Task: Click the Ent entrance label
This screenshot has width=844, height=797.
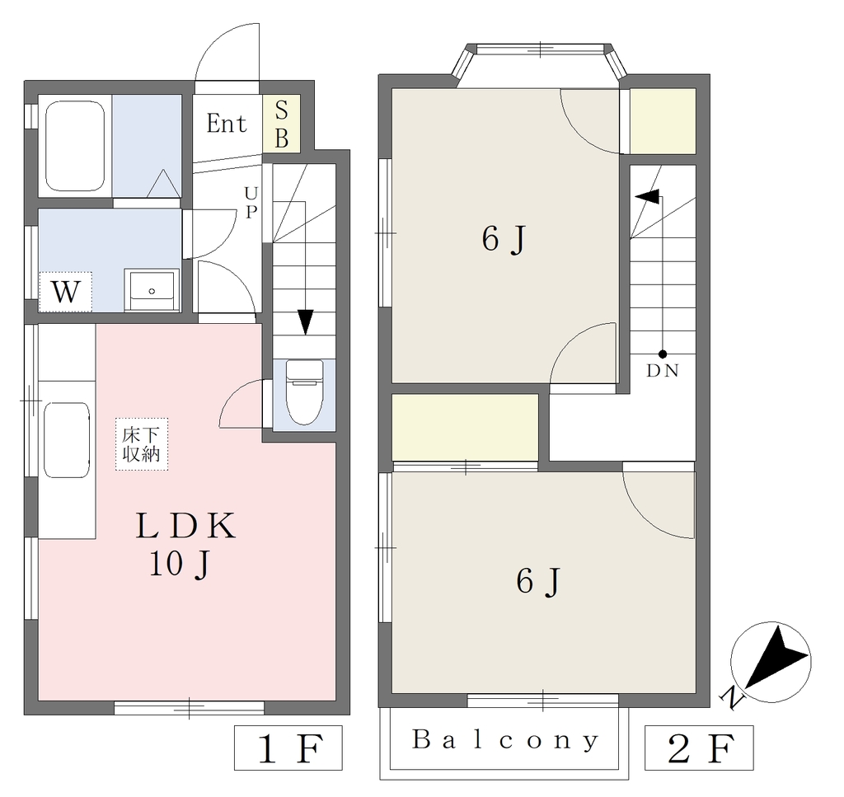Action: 227,124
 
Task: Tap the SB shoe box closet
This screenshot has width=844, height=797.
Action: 282,124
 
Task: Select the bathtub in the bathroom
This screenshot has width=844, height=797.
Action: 75,146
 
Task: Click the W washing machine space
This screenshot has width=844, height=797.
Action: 65,293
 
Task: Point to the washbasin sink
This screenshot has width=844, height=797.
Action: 152,289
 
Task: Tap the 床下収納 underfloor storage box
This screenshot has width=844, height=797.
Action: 142,444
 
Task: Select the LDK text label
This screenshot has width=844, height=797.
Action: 185,526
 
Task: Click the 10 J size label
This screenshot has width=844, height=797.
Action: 179,565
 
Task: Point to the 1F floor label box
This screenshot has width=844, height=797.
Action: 288,748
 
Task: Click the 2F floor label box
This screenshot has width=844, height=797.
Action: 699,748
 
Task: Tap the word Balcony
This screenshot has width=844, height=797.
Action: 505,740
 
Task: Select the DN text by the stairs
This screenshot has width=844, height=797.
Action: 663,371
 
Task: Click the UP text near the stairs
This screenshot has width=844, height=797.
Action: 251,203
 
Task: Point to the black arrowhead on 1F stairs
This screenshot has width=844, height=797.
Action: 305,321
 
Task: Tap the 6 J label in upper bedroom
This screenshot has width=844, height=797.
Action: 504,239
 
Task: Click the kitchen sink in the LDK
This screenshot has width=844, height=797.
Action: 67,440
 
